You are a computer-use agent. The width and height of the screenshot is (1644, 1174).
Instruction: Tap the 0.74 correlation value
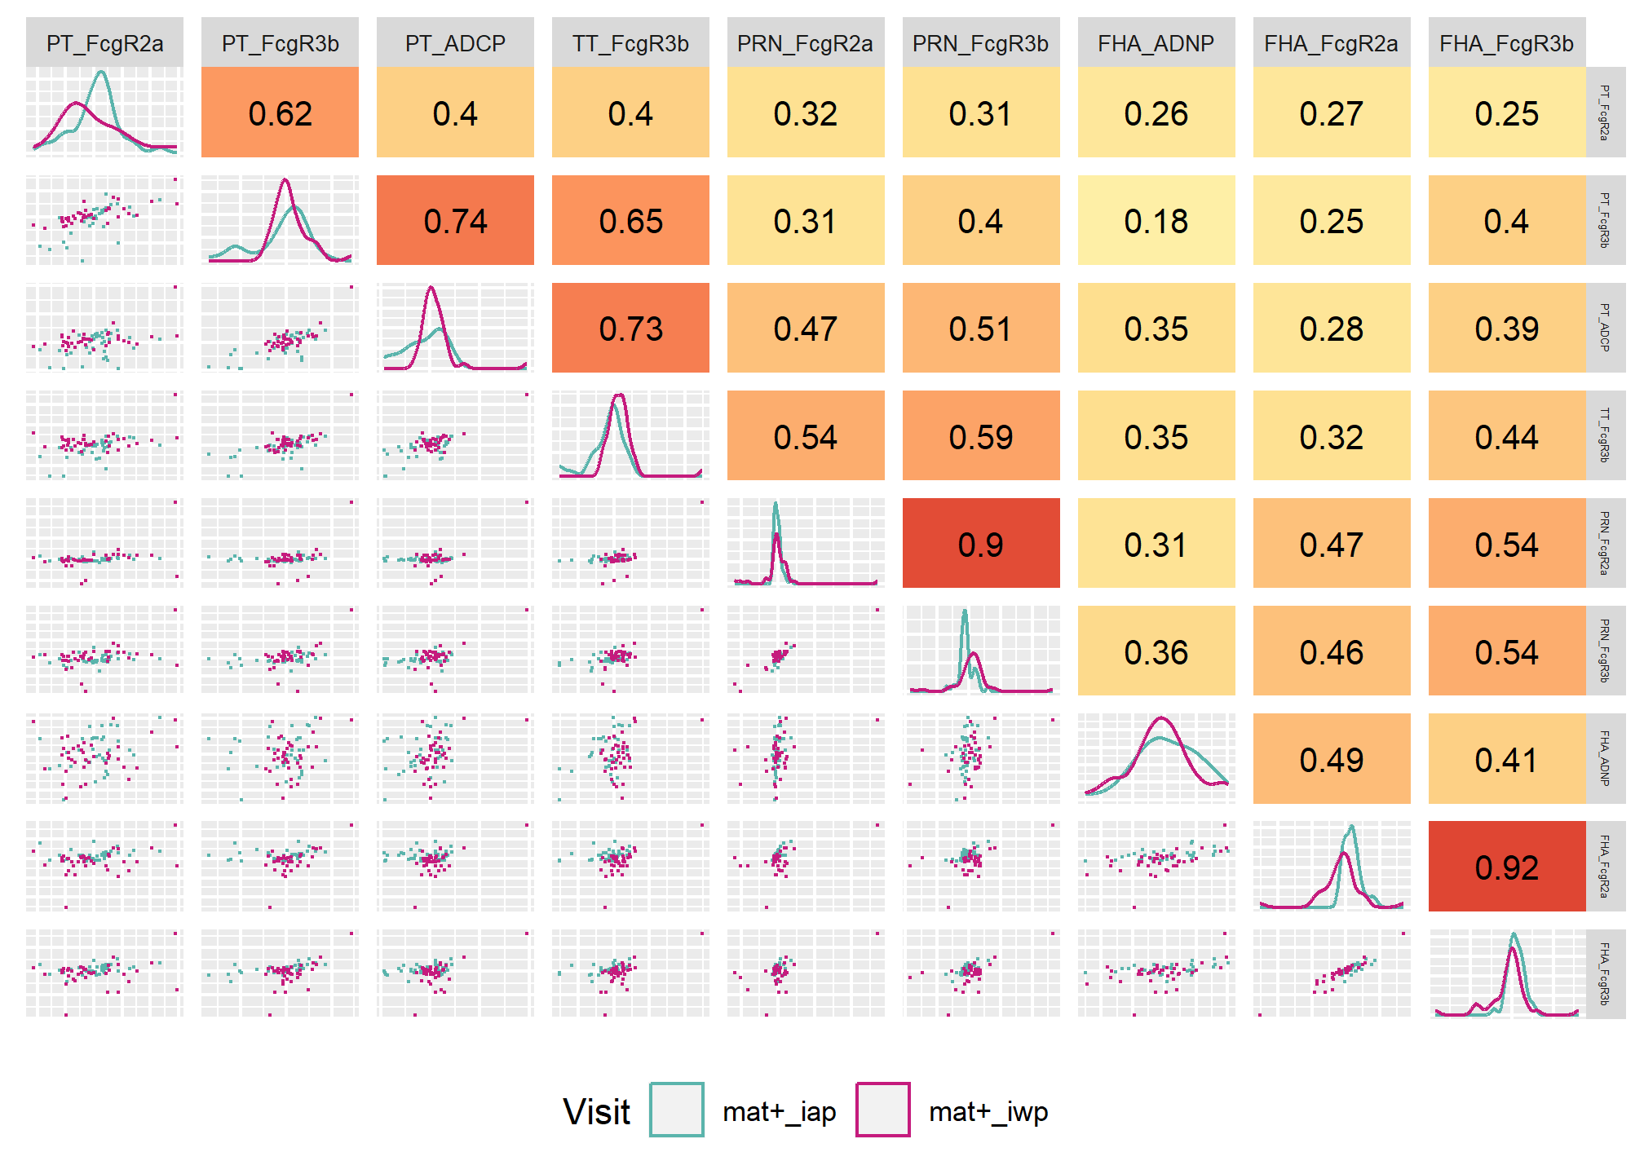[x=455, y=220]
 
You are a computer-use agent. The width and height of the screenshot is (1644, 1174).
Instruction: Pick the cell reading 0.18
[x=1156, y=220]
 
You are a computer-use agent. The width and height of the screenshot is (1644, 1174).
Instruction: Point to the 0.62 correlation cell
[x=280, y=113]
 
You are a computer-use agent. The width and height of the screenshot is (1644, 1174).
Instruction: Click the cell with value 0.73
[x=630, y=328]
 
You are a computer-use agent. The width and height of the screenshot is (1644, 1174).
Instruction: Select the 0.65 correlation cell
[x=630, y=220]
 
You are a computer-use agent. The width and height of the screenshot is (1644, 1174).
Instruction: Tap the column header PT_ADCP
[x=455, y=43]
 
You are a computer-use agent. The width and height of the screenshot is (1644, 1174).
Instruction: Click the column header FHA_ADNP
[x=1156, y=43]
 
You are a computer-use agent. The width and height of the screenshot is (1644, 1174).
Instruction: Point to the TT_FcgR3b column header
[x=630, y=43]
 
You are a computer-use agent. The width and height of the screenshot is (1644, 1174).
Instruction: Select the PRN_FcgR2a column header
[x=806, y=43]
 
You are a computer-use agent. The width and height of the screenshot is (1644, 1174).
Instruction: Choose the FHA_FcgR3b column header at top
[x=1507, y=43]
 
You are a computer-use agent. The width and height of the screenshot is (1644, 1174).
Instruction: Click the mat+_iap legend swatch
[x=677, y=1110]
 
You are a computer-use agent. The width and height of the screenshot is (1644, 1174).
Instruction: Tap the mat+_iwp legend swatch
[x=883, y=1110]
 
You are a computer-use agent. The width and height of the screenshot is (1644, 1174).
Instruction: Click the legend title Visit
[x=597, y=1111]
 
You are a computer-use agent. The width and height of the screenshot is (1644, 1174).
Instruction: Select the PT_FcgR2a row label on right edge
[x=1605, y=113]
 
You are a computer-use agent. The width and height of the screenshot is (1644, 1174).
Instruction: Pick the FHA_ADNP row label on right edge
[x=1605, y=758]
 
